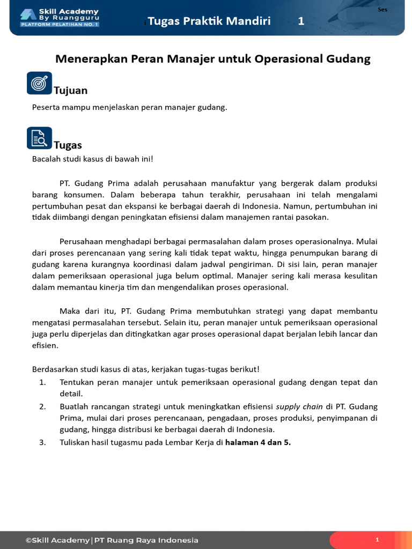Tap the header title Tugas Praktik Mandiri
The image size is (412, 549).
[209, 21]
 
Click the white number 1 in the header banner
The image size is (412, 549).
[301, 21]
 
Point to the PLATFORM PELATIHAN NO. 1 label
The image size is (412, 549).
[60, 25]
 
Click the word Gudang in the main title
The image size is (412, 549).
[348, 59]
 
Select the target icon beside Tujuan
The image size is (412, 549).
[39, 83]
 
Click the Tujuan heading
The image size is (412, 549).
[70, 91]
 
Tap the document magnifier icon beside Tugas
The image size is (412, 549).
[39, 138]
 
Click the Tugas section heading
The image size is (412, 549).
[68, 145]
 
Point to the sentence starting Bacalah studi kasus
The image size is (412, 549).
[92, 159]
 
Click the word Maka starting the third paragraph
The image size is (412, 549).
[69, 311]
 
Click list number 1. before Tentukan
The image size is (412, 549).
[43, 382]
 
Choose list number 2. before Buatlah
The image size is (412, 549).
[43, 406]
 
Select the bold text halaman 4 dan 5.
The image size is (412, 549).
[257, 442]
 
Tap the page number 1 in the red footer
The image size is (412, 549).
[377, 540]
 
